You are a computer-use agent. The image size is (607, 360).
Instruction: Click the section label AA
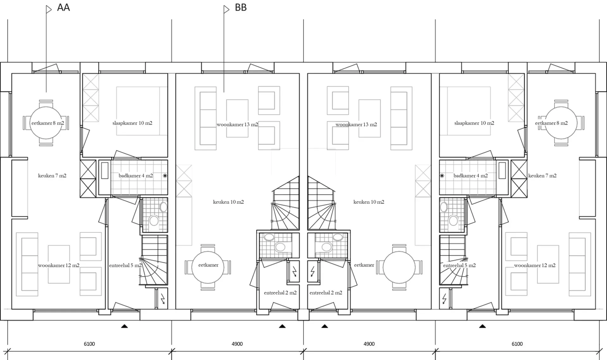click(x=63, y=8)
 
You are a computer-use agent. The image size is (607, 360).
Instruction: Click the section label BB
click(x=241, y=8)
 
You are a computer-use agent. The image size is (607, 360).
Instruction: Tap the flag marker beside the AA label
click(x=49, y=9)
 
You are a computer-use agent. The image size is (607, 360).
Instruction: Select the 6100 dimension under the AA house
click(x=89, y=344)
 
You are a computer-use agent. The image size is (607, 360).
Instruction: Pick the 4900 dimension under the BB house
click(x=237, y=344)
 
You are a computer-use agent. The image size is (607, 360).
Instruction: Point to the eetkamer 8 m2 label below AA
click(x=48, y=123)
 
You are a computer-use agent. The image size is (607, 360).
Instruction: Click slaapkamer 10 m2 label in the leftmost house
click(x=132, y=123)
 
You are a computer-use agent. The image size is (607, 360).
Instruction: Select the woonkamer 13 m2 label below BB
click(x=237, y=125)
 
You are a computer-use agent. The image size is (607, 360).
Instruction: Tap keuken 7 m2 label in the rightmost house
click(x=542, y=176)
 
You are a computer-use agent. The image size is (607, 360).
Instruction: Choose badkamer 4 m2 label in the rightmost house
click(x=470, y=176)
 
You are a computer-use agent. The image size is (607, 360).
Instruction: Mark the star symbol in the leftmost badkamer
click(x=165, y=176)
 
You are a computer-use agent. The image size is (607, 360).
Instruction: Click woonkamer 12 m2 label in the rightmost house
click(x=535, y=265)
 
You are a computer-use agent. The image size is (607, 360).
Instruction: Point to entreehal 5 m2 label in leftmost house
click(x=125, y=265)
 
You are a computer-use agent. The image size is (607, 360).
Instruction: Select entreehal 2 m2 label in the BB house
click(x=280, y=293)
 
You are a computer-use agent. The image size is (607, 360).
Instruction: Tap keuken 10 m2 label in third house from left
click(x=369, y=202)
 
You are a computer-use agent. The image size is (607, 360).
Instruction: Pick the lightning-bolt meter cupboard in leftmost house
click(x=161, y=298)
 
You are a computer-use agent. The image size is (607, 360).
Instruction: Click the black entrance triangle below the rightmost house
click(x=482, y=326)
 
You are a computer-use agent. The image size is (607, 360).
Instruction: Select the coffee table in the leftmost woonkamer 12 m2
click(x=59, y=264)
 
